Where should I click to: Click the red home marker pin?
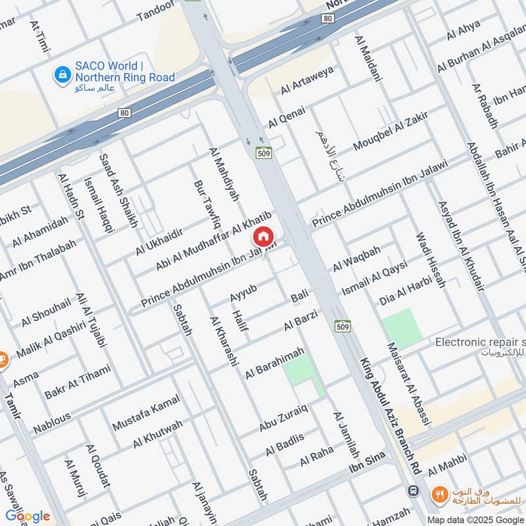(x=263, y=237)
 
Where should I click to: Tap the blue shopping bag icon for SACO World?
(x=62, y=74)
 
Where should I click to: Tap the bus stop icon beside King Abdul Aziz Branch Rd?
(x=413, y=491)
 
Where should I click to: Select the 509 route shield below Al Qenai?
(x=264, y=153)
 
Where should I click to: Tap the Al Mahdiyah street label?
(x=224, y=174)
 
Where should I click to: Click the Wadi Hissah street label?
(x=431, y=260)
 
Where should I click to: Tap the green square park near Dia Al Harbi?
(x=402, y=327)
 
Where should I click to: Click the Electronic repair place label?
(x=480, y=343)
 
